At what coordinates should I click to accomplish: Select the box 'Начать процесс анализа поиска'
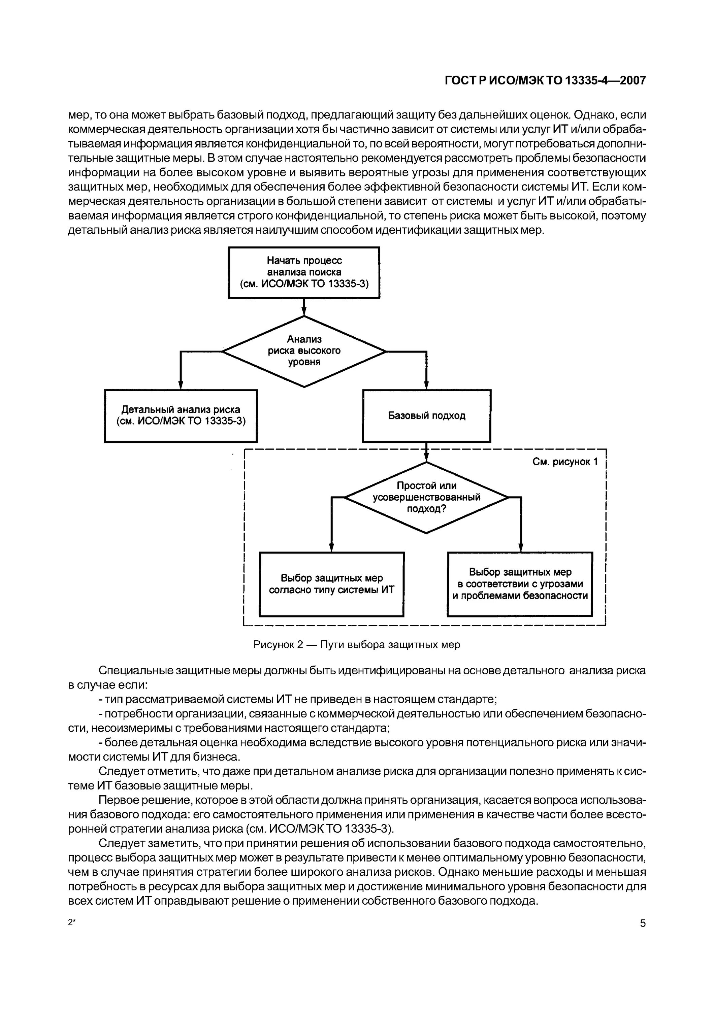tap(304, 272)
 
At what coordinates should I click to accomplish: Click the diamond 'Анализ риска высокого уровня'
tap(304, 351)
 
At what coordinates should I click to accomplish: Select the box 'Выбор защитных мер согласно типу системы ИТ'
tap(332, 584)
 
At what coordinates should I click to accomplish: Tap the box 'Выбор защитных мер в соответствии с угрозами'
tap(520, 584)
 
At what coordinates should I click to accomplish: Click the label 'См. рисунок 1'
tap(565, 462)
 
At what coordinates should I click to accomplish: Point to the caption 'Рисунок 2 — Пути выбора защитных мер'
tap(357, 644)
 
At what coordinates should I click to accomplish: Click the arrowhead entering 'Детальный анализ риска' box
tap(181, 385)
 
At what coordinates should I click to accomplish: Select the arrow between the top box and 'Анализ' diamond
tap(304, 307)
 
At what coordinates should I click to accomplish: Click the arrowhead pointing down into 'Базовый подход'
tap(426, 385)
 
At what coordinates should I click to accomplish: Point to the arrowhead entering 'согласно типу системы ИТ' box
tap(332, 548)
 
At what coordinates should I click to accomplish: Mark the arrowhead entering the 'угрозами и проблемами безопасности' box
tap(521, 548)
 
